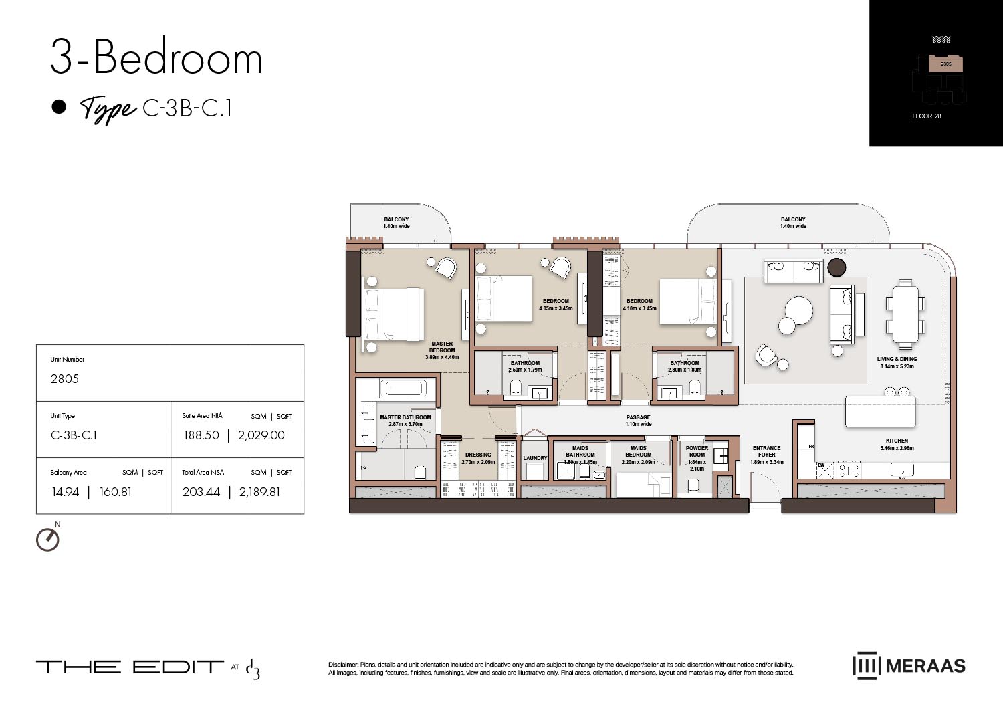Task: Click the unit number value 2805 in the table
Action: pos(65,379)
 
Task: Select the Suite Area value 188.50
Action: pos(201,435)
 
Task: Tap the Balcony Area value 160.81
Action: pos(116,492)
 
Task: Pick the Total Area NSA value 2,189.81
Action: pos(259,492)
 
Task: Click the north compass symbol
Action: pos(47,540)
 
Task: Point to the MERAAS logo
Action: pos(909,666)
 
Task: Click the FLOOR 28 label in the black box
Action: pos(926,116)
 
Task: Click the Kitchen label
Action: pos(897,441)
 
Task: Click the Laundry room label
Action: pos(535,459)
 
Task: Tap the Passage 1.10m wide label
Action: pos(638,421)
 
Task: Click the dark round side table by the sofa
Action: pos(837,267)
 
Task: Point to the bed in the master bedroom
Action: pos(393,314)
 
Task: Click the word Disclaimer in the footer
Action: pos(343,665)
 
